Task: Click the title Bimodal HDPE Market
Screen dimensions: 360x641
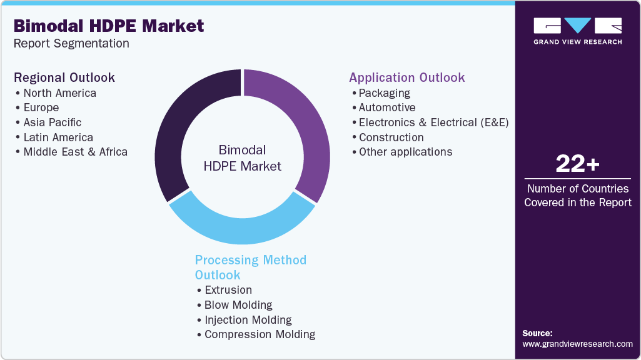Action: (109, 26)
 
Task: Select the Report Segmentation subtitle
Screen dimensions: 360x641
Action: (71, 44)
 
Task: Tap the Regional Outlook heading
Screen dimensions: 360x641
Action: (64, 77)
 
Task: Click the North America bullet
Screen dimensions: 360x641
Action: (59, 93)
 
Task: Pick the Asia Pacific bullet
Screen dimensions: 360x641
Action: (52, 122)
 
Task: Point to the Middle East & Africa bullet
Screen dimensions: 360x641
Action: (75, 152)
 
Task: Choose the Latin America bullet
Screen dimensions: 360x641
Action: (58, 137)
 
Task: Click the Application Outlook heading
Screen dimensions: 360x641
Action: (406, 77)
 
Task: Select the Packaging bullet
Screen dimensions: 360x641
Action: (384, 93)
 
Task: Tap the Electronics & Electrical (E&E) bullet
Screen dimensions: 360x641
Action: (433, 122)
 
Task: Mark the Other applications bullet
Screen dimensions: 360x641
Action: (405, 152)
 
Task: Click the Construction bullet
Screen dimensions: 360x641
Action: (391, 137)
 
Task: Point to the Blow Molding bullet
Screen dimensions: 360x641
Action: (238, 305)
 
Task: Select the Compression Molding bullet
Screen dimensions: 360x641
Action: (260, 334)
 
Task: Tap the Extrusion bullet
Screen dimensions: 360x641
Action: (228, 290)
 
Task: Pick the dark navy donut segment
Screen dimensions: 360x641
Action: (181, 125)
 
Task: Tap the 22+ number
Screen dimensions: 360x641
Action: (577, 164)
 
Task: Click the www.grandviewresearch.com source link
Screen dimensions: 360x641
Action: (577, 344)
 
